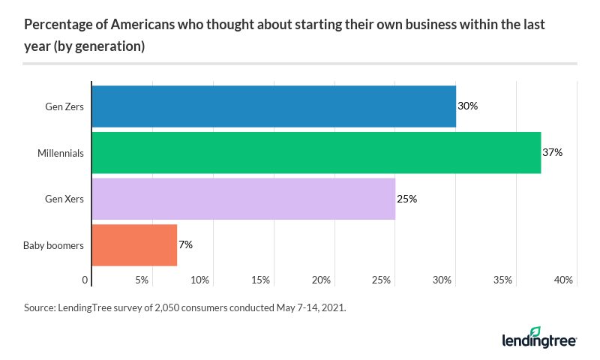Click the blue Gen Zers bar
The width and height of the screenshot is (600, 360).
click(274, 106)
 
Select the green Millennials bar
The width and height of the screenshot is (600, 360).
click(316, 153)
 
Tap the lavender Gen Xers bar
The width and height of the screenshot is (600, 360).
click(243, 199)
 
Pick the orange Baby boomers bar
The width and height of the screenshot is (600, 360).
click(134, 245)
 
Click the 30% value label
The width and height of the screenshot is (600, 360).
click(467, 106)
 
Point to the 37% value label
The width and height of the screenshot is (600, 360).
click(552, 153)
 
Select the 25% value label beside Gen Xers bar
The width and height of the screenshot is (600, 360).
click(406, 199)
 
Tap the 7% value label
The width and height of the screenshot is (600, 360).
click(186, 245)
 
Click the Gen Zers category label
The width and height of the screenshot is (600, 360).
click(64, 106)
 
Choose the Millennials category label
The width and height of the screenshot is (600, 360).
click(60, 153)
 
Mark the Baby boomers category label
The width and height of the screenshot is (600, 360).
click(53, 245)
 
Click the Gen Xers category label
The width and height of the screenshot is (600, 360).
click(64, 199)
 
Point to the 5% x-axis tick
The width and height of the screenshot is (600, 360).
click(142, 280)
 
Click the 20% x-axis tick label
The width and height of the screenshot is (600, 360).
click(321, 280)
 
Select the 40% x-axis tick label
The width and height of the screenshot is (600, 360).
click(563, 280)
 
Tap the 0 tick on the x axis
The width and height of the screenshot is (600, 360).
click(85, 280)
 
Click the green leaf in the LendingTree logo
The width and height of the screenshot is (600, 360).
click(535, 331)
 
